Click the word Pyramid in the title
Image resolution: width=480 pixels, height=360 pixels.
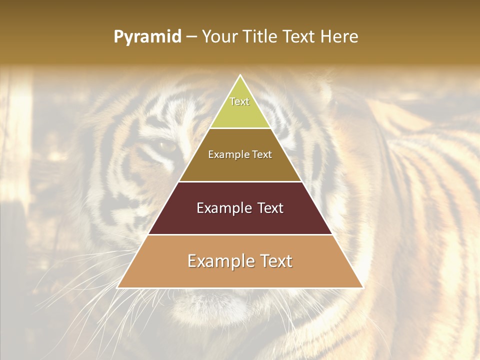pyautogui.click(x=147, y=37)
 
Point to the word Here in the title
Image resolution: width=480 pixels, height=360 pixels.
pyautogui.click(x=339, y=37)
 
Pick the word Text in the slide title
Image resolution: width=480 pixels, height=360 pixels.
pyautogui.click(x=300, y=37)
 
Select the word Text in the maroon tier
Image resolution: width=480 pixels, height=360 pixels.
pyautogui.click(x=270, y=208)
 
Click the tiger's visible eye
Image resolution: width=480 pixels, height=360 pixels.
pyautogui.click(x=167, y=146)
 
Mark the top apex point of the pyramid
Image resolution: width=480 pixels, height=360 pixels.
pyautogui.click(x=240, y=75)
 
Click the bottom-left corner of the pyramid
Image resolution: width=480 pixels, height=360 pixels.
pyautogui.click(x=117, y=287)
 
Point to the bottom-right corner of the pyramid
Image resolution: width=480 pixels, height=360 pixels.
pyautogui.click(x=363, y=287)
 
